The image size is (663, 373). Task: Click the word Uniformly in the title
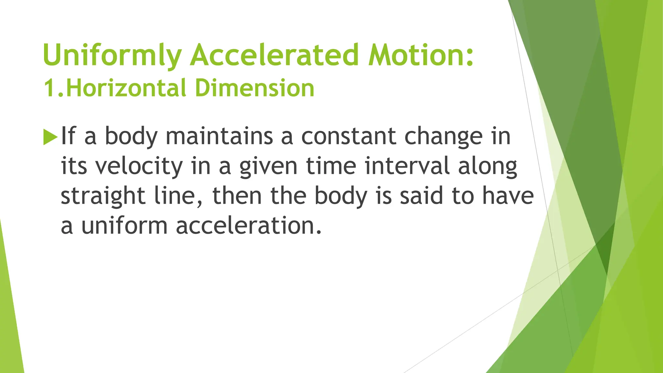(111, 55)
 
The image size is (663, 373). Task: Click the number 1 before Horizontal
(50, 88)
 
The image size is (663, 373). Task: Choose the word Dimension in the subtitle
(255, 88)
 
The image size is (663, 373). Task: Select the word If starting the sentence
(68, 136)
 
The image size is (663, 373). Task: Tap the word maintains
(219, 136)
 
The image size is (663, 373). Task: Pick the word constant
(348, 136)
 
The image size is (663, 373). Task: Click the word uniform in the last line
(124, 226)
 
